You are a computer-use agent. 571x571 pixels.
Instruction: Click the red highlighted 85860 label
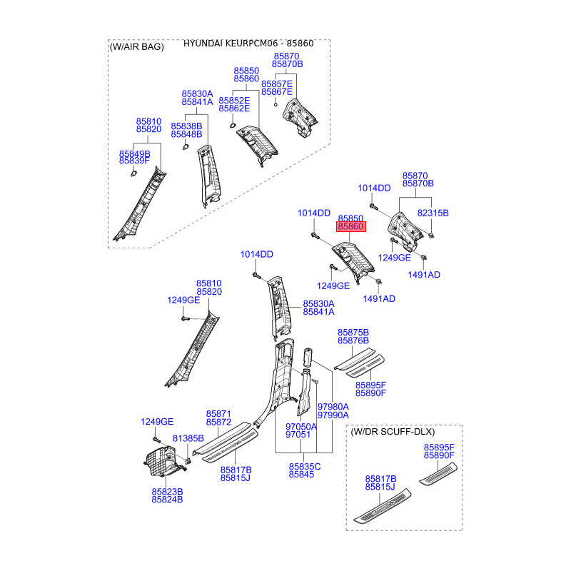tap(350, 226)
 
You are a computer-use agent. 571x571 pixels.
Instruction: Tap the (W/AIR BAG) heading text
tap(136, 46)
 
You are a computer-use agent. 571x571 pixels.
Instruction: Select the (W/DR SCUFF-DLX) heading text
tap(393, 432)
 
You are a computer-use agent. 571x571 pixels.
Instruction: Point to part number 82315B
tap(433, 213)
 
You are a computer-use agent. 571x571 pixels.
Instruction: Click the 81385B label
tap(188, 438)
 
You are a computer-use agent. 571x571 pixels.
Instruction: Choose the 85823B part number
tap(167, 491)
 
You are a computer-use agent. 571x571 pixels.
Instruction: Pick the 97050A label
tap(300, 426)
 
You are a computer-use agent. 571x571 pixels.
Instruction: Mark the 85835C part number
tap(305, 467)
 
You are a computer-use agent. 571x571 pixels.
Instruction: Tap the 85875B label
tap(353, 332)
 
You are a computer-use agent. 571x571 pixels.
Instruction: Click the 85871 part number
tap(218, 414)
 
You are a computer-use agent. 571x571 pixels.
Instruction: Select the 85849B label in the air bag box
tap(134, 153)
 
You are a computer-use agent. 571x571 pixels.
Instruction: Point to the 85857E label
tap(276, 84)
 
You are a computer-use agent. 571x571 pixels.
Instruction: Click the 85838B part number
tap(186, 126)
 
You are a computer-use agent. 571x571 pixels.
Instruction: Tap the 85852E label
tap(234, 100)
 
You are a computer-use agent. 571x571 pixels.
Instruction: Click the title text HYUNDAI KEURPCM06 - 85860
tap(248, 44)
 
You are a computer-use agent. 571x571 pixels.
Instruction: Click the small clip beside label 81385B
tap(188, 461)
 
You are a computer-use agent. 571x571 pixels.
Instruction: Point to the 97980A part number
tap(333, 406)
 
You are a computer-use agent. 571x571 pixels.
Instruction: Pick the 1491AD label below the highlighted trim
tap(379, 298)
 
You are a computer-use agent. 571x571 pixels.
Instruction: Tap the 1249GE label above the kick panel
tap(157, 421)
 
